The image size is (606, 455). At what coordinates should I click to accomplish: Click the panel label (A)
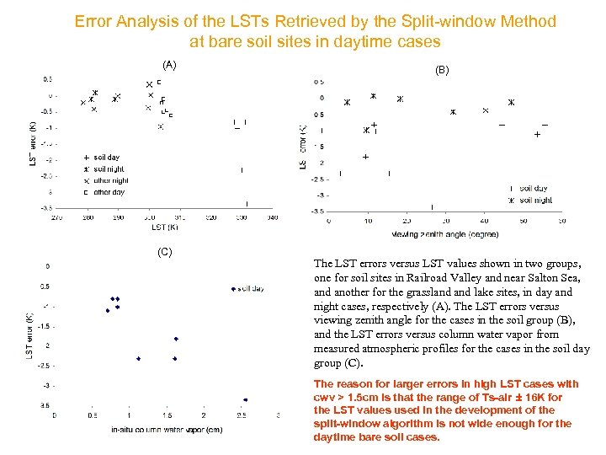[169, 65]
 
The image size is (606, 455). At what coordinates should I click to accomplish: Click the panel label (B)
[442, 72]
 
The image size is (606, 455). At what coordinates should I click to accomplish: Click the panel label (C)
[165, 252]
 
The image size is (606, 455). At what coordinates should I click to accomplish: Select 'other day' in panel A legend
[109, 192]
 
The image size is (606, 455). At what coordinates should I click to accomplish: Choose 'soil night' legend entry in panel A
[109, 169]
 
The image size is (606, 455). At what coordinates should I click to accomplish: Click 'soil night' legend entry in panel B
[535, 201]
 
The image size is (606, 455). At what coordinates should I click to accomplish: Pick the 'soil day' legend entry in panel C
[250, 289]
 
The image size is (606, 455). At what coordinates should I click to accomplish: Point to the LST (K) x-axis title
[165, 227]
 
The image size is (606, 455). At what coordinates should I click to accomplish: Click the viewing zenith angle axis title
[444, 233]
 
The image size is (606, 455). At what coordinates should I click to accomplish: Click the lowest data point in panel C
[245, 399]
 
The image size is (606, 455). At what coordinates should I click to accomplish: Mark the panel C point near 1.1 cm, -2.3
[138, 358]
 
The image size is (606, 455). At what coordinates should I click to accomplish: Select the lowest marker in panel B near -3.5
[432, 206]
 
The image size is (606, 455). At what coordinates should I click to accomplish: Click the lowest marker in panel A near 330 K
[247, 203]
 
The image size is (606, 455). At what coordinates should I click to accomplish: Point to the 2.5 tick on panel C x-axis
[241, 415]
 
